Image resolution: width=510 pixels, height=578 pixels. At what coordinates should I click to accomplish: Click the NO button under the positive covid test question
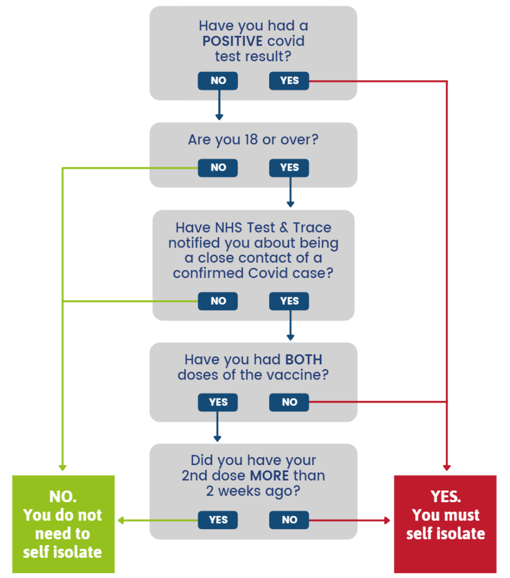point(217,81)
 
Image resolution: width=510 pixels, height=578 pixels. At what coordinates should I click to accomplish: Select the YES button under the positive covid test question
point(289,81)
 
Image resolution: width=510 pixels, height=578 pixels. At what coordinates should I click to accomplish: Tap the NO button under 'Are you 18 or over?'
point(217,168)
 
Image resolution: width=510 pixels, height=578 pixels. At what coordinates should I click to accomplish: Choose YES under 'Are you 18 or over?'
point(289,168)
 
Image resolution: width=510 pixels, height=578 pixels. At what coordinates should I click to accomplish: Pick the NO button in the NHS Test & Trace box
point(217,301)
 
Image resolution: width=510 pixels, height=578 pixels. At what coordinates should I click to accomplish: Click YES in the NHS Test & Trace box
point(289,301)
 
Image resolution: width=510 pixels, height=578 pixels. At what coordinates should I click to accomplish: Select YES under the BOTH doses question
point(217,402)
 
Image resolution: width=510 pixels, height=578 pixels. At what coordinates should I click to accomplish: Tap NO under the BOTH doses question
point(289,402)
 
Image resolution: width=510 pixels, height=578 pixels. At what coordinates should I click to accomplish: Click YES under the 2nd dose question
point(217,520)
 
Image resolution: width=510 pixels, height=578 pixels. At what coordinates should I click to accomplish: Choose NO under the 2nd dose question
point(289,520)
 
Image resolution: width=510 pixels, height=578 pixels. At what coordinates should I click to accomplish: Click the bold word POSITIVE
point(233,41)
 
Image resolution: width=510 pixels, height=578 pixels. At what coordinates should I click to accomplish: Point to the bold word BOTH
point(304,359)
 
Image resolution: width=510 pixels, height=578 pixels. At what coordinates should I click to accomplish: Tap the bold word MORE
point(271,475)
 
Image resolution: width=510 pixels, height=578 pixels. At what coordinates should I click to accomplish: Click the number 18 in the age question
point(251,140)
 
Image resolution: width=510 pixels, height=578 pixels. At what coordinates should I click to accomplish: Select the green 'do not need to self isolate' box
point(64,524)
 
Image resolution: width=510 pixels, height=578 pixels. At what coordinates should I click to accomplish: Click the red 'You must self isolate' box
point(445,524)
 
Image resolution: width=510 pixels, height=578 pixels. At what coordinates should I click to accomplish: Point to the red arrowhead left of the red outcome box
point(387,520)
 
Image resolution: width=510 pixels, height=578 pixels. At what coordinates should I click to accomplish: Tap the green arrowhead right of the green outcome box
point(121,520)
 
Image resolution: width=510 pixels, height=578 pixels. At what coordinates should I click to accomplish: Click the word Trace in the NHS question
point(312,227)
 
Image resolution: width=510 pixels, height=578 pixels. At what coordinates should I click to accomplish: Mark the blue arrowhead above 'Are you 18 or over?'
point(219,117)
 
